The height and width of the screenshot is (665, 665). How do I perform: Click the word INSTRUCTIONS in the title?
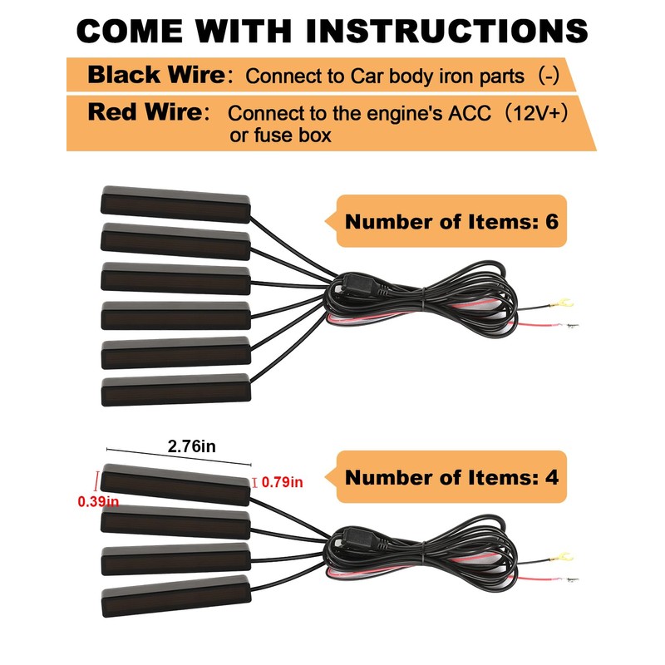[446, 31]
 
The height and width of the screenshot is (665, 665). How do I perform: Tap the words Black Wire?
[156, 75]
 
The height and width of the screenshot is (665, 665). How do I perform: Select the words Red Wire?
[145, 112]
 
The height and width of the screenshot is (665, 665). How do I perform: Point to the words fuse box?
[293, 135]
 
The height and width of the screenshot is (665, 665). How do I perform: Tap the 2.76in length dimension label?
[192, 446]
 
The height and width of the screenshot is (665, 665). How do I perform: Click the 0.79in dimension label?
[282, 482]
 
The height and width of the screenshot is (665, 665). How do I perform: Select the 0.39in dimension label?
[98, 502]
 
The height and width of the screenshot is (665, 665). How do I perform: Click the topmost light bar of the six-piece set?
[175, 204]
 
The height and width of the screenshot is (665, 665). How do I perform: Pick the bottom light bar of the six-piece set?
[176, 389]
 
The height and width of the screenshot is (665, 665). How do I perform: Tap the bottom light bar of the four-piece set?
[176, 595]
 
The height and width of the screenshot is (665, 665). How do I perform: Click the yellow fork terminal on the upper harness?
[561, 303]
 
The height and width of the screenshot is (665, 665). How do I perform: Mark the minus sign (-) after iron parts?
[549, 76]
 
